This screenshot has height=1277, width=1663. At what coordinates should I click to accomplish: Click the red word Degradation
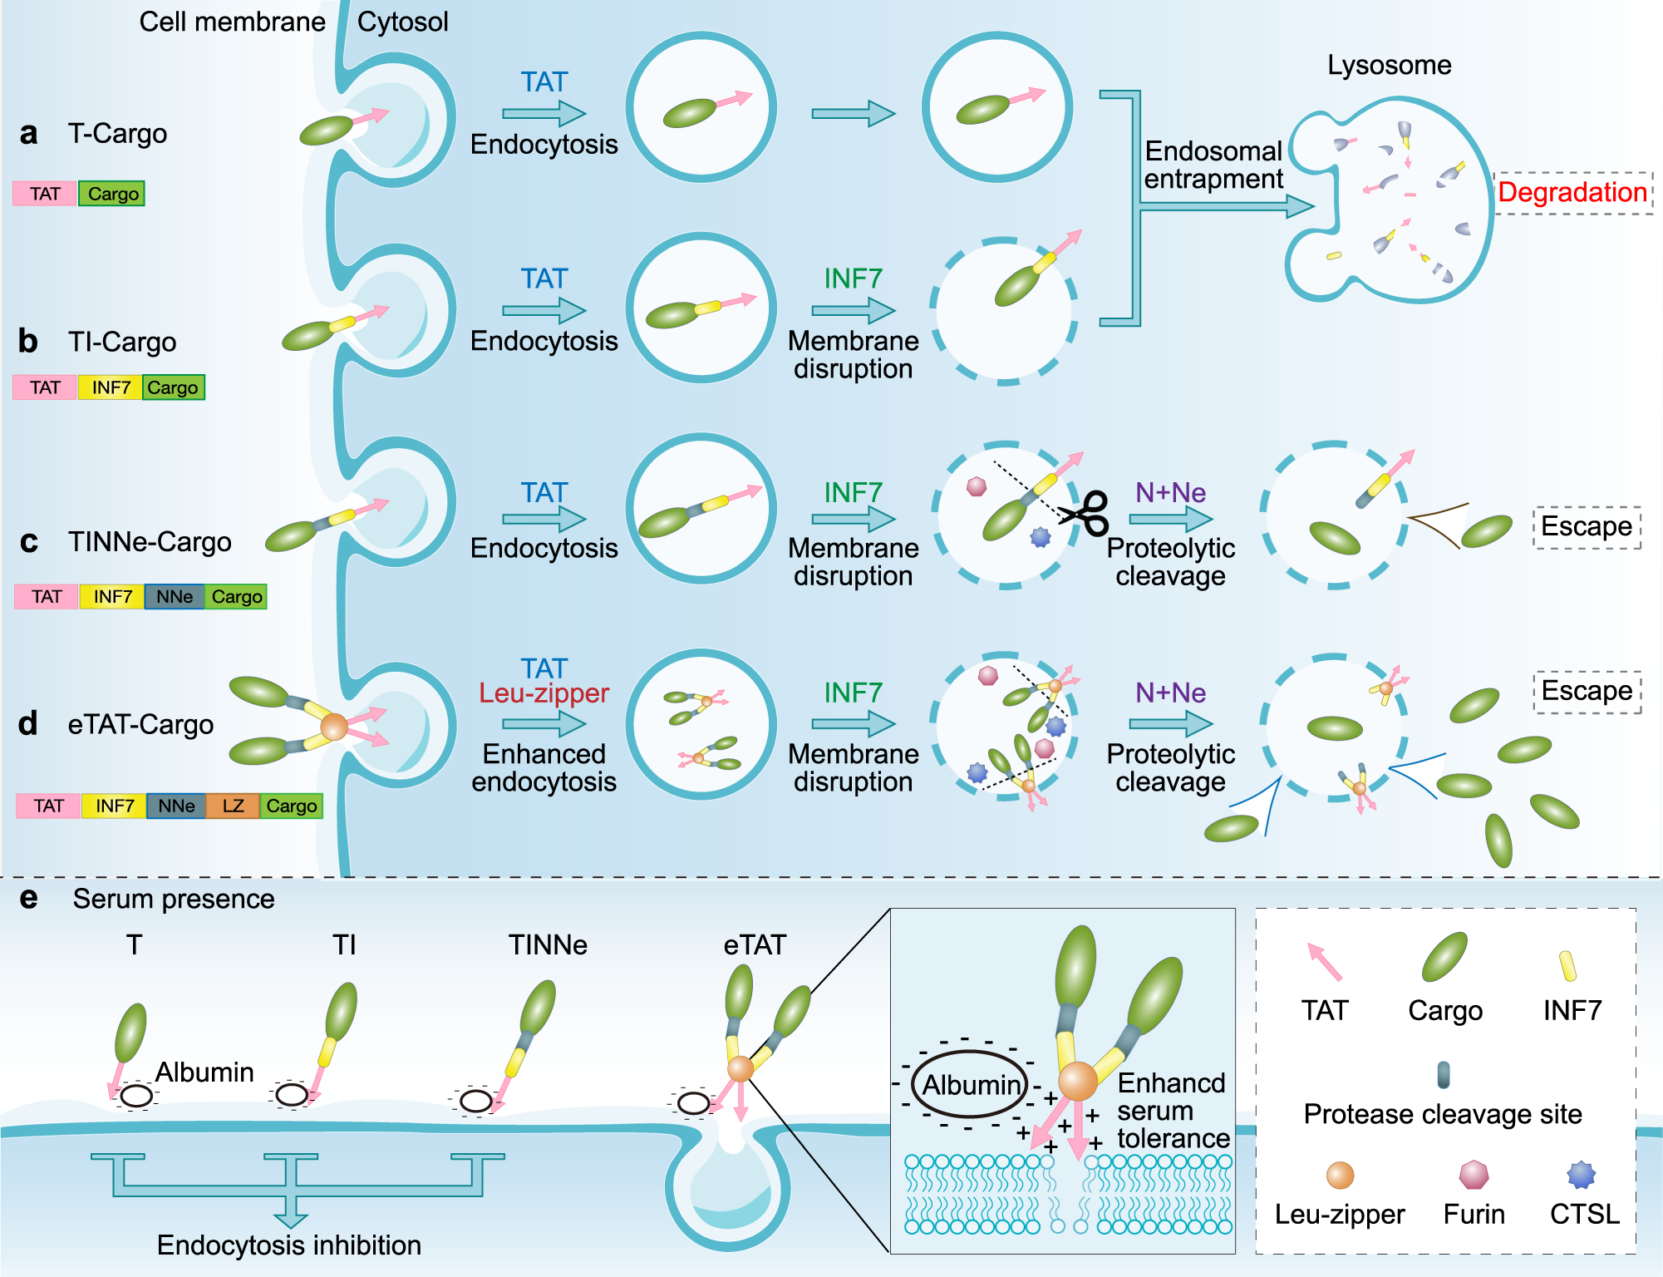(x=1572, y=193)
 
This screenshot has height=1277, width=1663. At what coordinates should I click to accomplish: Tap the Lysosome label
(x=1389, y=65)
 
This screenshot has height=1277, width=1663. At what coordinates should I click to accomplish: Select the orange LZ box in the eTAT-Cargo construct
(x=233, y=806)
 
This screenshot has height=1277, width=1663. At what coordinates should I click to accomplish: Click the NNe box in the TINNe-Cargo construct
(x=175, y=596)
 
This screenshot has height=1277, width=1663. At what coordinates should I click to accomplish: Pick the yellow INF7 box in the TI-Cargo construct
(x=111, y=387)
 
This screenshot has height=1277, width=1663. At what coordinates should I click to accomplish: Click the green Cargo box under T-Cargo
(x=112, y=194)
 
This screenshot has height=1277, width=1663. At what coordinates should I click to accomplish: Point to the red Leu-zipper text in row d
(x=544, y=693)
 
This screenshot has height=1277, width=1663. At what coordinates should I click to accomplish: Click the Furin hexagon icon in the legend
(x=1474, y=1175)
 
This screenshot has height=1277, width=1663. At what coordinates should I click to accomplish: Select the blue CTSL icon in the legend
(x=1581, y=1175)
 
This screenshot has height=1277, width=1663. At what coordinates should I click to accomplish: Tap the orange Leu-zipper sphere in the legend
(x=1340, y=1175)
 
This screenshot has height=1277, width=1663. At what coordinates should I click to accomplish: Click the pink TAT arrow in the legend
(x=1324, y=963)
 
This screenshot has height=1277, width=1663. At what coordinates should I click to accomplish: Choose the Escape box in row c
(x=1587, y=527)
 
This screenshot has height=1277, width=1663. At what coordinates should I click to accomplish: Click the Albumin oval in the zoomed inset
(x=971, y=1085)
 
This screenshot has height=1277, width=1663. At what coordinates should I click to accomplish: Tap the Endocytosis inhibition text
(x=288, y=1245)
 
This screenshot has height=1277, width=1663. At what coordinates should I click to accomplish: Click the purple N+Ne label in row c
(x=1170, y=492)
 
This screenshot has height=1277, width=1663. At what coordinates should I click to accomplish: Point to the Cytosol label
(x=402, y=22)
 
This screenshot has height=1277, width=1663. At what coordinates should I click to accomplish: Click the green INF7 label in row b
(x=853, y=279)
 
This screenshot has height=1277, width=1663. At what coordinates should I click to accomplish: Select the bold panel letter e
(x=28, y=898)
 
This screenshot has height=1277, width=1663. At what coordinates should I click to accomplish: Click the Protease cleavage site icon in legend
(x=1444, y=1074)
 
